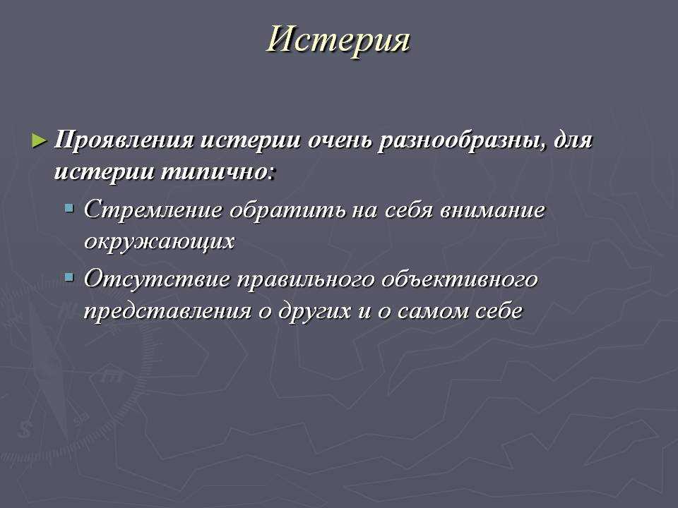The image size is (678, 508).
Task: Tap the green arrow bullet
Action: click(40, 141)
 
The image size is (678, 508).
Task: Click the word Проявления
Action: click(124, 141)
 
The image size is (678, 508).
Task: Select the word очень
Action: click(340, 141)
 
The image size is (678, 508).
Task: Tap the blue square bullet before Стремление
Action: click(69, 209)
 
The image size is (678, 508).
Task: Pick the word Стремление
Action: click(153, 210)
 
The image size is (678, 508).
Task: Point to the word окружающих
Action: click(159, 241)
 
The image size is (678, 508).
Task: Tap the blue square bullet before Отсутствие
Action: click(69, 277)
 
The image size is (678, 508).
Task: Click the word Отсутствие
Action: click(157, 279)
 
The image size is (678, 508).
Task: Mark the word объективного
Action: click(460, 279)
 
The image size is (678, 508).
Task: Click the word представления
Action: click(168, 311)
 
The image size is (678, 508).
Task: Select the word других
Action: click(314, 311)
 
